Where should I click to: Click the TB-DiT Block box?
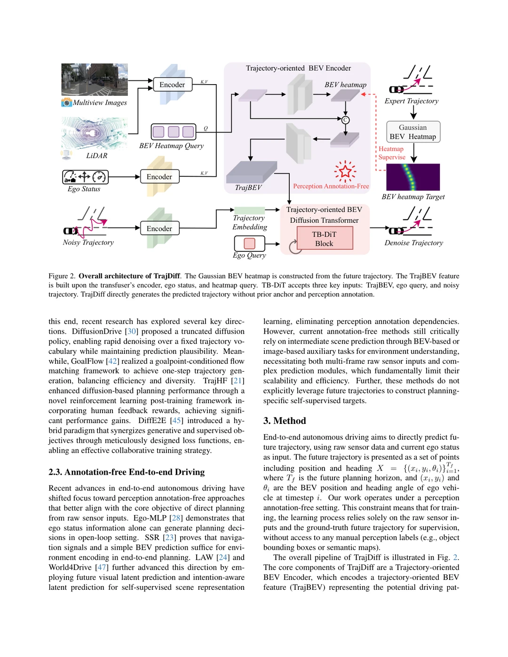click(x=325, y=238)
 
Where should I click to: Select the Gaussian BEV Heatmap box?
click(x=413, y=132)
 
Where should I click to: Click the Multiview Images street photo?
click(x=95, y=79)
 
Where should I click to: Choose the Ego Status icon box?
click(x=85, y=177)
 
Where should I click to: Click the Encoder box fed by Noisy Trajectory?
click(x=159, y=228)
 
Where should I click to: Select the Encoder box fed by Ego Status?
click(x=159, y=177)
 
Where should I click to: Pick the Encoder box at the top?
click(x=172, y=85)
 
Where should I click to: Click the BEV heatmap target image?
click(x=413, y=177)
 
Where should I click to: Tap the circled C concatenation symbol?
click(x=345, y=120)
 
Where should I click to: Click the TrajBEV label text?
click(x=248, y=188)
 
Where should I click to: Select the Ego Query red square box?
click(x=249, y=243)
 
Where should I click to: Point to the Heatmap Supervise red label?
click(x=391, y=153)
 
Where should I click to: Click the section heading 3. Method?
click(x=285, y=421)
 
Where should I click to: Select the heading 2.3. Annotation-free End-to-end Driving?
click(x=127, y=472)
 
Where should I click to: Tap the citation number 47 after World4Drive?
click(x=102, y=567)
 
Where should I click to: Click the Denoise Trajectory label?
click(x=413, y=243)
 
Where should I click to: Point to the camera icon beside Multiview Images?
click(x=67, y=102)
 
